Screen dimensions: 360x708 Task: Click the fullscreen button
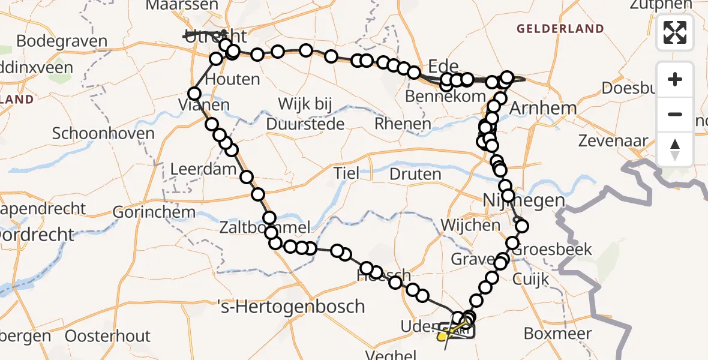click(x=675, y=32)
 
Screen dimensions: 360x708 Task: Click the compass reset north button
click(x=675, y=149)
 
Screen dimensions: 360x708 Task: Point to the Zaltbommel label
click(x=265, y=228)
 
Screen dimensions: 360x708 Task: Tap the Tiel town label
click(x=347, y=174)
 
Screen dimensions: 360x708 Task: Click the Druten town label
click(x=415, y=175)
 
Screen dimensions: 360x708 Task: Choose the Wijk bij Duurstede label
click(x=305, y=114)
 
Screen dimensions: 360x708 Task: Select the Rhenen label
click(x=403, y=124)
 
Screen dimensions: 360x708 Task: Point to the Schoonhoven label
click(x=103, y=133)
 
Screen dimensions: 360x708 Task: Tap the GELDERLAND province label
click(x=560, y=29)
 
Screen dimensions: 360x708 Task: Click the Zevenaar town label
click(x=613, y=142)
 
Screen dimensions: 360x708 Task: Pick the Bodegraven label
click(x=62, y=42)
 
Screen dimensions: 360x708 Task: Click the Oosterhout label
click(x=108, y=336)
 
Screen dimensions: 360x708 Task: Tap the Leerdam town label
click(x=203, y=169)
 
